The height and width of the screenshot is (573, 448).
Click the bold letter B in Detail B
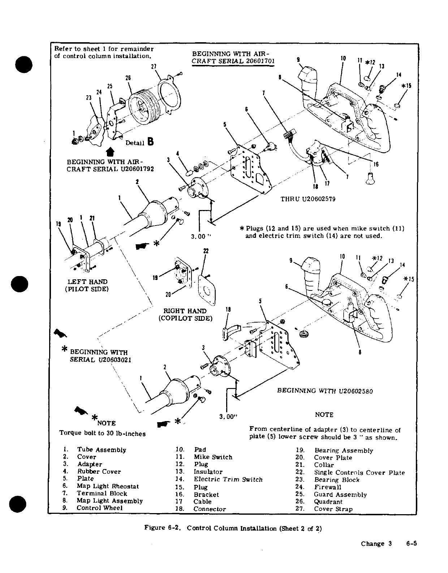pyautogui.click(x=150, y=142)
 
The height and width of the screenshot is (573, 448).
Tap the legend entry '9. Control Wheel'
pyautogui.click(x=93, y=508)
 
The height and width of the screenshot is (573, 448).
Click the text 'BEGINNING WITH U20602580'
pyautogui.click(x=325, y=391)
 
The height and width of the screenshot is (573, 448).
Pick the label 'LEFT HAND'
pyautogui.click(x=87, y=281)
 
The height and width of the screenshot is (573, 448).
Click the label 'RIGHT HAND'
pyautogui.click(x=185, y=311)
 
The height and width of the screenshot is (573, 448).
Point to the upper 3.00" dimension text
pyautogui.click(x=201, y=236)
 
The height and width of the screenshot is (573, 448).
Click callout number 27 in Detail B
pyautogui.click(x=153, y=66)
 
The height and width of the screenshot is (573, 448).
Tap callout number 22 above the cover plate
pyautogui.click(x=206, y=250)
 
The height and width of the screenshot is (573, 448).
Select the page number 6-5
pyautogui.click(x=410, y=543)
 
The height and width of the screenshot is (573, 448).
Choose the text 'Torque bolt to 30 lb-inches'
pyautogui.click(x=102, y=433)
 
